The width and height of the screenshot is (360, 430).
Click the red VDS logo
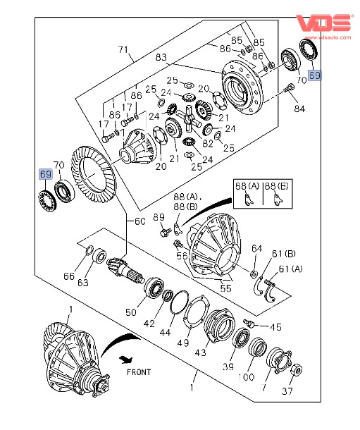[x=323, y=23]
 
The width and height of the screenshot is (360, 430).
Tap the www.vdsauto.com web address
[x=328, y=37]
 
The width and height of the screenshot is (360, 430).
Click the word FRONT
[x=139, y=372]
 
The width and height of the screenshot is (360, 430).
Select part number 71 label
[x=123, y=49]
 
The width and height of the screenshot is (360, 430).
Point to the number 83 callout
[x=161, y=57]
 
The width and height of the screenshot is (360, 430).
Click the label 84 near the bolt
[x=299, y=109]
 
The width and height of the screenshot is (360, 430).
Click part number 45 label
[x=275, y=327]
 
